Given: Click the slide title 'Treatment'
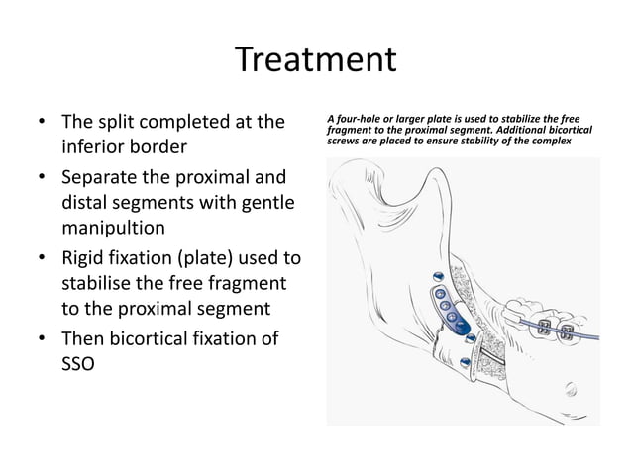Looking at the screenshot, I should [x=316, y=60].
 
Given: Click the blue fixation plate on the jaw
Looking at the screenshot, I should [x=442, y=307].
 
